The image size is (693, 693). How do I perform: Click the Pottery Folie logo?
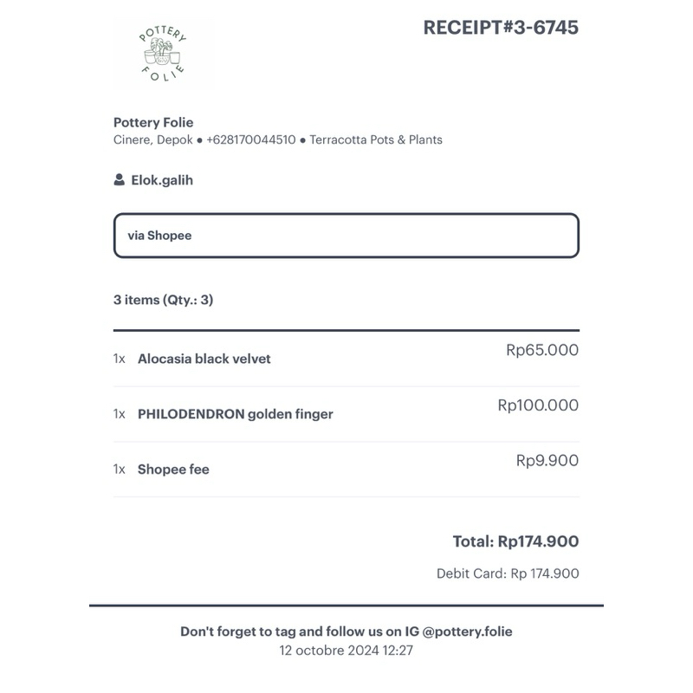(x=163, y=55)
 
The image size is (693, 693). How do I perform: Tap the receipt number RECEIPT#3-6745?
(x=501, y=28)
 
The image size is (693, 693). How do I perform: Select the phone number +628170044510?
(x=251, y=139)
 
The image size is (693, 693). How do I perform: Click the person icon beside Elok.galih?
(x=119, y=180)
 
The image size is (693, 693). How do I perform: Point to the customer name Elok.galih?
(x=162, y=180)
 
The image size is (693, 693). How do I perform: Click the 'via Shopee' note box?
(x=346, y=236)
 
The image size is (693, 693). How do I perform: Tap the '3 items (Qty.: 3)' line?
(x=163, y=300)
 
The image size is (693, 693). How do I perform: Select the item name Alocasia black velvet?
(x=204, y=359)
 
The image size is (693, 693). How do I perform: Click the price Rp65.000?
(x=542, y=350)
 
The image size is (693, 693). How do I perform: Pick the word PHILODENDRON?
(x=191, y=414)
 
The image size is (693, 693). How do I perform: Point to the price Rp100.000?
(x=538, y=405)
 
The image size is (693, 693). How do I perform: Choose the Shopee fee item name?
(x=173, y=470)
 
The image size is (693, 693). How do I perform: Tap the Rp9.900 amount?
(x=547, y=461)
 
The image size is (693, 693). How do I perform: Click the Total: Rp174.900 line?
(x=515, y=541)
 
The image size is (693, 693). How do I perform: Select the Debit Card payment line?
(x=508, y=573)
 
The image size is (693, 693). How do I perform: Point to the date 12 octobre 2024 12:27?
(x=346, y=651)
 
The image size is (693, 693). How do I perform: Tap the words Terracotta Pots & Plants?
(x=376, y=139)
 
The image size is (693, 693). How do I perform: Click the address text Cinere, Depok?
(x=153, y=139)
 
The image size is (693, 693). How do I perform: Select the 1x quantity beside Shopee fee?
(x=120, y=470)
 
